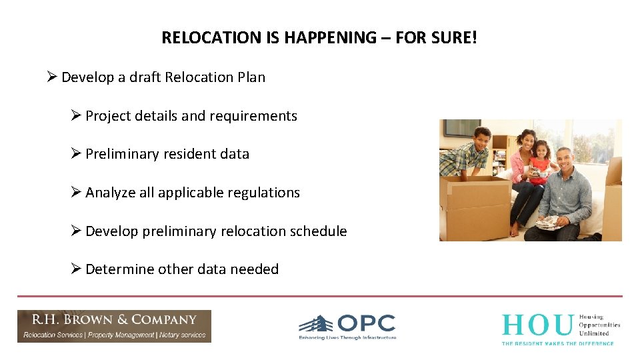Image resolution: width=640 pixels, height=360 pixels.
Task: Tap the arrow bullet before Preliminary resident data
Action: click(x=77, y=153)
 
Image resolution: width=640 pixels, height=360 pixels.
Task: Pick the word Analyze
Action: click(x=111, y=193)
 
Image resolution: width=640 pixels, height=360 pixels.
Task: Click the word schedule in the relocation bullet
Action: click(x=319, y=231)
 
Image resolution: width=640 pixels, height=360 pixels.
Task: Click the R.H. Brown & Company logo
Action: click(x=114, y=326)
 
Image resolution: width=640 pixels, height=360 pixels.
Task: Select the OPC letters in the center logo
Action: click(x=366, y=324)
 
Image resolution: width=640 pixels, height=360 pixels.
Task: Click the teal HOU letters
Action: click(x=537, y=325)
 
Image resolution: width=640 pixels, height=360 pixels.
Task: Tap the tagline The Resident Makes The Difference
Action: click(x=557, y=343)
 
